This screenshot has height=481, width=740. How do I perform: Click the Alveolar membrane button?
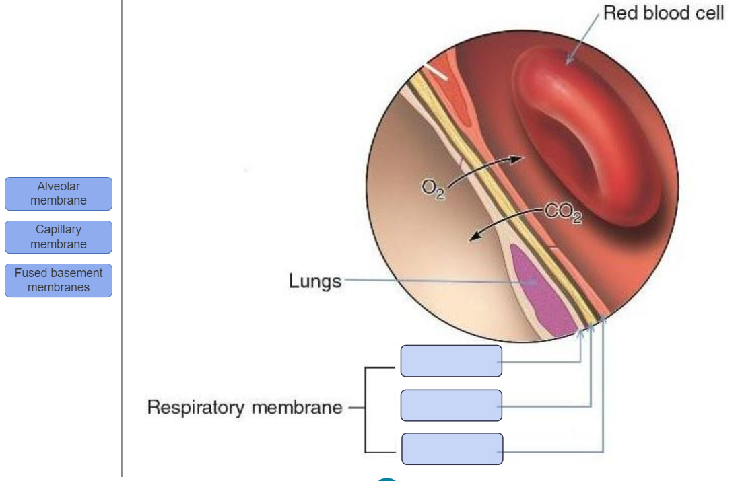(x=59, y=194)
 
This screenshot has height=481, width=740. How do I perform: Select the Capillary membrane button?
(x=59, y=237)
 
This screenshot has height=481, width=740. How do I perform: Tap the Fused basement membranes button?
(x=59, y=281)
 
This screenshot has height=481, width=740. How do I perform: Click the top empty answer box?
(x=451, y=361)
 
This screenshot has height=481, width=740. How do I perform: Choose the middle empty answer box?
(x=451, y=406)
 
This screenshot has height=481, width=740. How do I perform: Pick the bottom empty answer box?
(x=452, y=449)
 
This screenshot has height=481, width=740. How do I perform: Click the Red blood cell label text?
(x=663, y=13)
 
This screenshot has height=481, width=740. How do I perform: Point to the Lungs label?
(x=315, y=281)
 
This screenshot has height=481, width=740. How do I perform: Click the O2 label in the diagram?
(x=433, y=190)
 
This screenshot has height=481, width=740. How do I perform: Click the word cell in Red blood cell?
(x=706, y=13)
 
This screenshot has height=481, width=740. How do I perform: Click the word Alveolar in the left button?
(x=59, y=186)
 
